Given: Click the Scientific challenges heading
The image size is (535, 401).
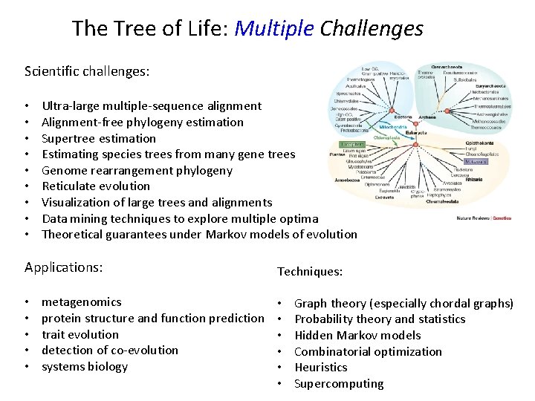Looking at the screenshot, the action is click(87, 72).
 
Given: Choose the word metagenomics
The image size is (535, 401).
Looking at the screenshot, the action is click(82, 301).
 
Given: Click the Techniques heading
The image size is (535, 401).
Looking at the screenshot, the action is click(310, 272).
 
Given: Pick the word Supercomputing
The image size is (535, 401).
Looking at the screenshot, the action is click(339, 383).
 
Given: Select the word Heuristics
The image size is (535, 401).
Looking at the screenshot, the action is click(321, 367).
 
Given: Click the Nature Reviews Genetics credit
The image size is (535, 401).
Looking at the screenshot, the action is click(483, 218).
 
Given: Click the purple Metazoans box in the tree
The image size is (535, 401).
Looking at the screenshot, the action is click(476, 160).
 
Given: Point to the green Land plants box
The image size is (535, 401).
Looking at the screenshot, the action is click(351, 144).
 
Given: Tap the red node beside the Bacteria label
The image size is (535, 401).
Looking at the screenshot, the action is click(392, 111).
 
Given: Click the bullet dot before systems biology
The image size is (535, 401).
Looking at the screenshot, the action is click(27, 367).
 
